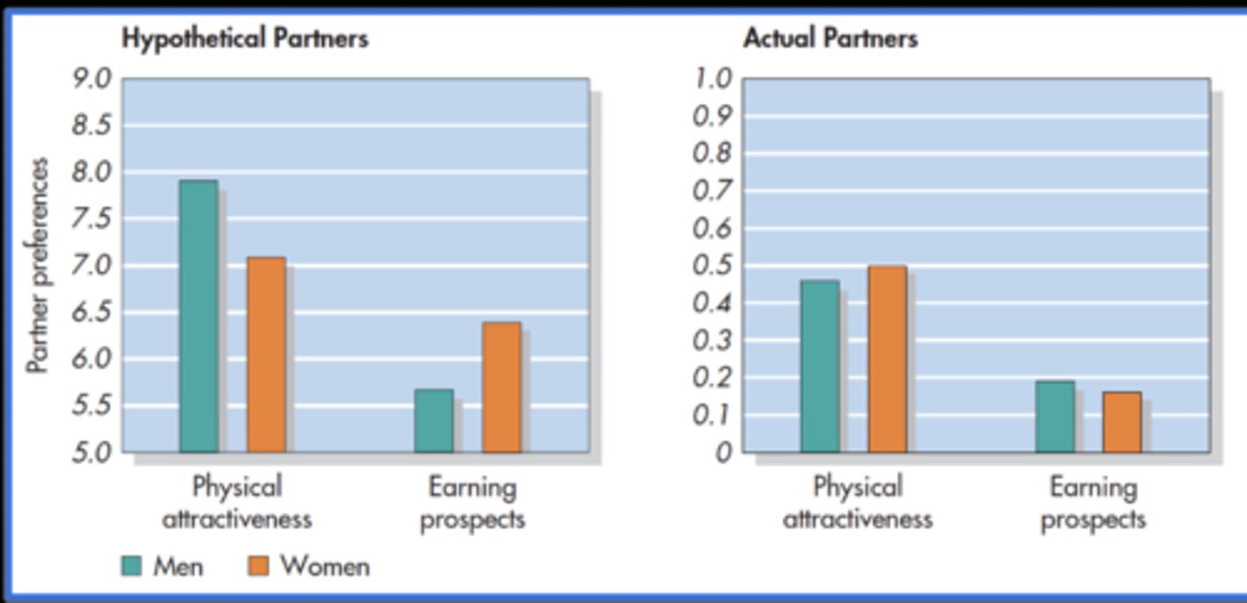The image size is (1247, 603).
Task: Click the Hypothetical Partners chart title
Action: (x=245, y=39)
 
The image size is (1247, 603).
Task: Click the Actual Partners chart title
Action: (x=830, y=39)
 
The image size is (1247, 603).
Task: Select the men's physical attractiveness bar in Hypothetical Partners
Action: (x=199, y=316)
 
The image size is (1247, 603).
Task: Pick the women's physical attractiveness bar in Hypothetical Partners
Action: (x=267, y=354)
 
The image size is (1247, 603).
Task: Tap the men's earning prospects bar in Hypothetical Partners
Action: (x=434, y=421)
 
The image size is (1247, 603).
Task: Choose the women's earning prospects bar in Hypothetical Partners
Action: (x=502, y=387)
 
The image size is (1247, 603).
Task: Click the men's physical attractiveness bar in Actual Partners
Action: (x=820, y=366)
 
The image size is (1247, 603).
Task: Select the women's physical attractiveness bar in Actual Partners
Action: (x=888, y=359)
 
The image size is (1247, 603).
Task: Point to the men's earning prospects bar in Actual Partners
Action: (x=1055, y=417)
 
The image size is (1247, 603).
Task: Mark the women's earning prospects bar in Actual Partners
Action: (x=1122, y=422)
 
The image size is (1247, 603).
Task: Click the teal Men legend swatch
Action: (x=131, y=566)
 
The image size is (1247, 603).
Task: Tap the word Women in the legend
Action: (x=325, y=567)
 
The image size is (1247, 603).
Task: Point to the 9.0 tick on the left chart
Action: (x=91, y=79)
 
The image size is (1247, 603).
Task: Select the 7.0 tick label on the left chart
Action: (x=91, y=266)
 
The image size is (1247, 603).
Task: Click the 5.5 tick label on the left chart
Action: (x=91, y=405)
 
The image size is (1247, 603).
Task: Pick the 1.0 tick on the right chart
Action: (x=713, y=79)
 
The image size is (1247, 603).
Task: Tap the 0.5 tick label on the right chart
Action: (x=713, y=266)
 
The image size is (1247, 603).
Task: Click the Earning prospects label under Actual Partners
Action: (x=1093, y=503)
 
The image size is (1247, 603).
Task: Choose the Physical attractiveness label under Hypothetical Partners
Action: (x=237, y=503)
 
